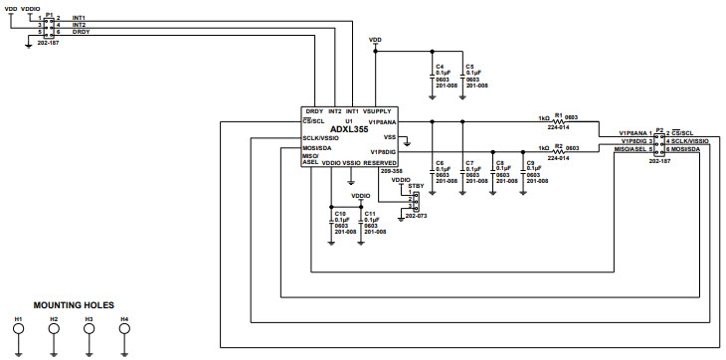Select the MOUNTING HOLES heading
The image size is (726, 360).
(x=74, y=305)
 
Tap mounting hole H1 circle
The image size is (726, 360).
(x=18, y=332)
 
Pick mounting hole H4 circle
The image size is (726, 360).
(x=124, y=332)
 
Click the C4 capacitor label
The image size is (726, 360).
(x=440, y=65)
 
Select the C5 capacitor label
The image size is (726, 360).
(x=470, y=65)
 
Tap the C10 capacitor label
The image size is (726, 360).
(x=340, y=213)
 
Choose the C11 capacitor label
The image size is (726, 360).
(x=370, y=213)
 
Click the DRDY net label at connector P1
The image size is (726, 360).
(x=82, y=32)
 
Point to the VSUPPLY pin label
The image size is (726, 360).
(x=382, y=110)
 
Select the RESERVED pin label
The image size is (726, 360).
(x=380, y=162)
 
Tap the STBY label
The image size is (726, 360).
(x=415, y=185)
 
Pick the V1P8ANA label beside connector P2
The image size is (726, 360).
(x=634, y=132)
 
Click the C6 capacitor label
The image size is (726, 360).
(x=440, y=162)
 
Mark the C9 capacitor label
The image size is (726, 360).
(x=531, y=162)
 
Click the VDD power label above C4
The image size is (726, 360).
(x=375, y=40)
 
